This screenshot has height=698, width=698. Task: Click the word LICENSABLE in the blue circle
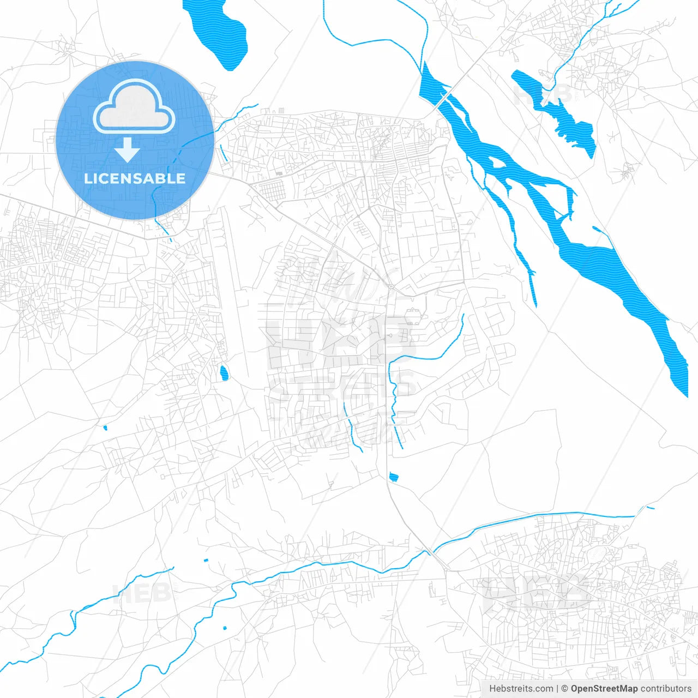(x=135, y=178)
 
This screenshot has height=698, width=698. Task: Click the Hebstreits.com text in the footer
(x=521, y=689)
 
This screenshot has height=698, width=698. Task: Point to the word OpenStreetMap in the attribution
(x=604, y=689)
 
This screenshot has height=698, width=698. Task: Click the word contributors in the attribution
(x=666, y=689)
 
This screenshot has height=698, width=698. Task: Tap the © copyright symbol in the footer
(x=564, y=689)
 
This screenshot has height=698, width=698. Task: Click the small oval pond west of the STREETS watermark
(x=224, y=374)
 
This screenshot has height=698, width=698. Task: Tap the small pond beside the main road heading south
(x=394, y=478)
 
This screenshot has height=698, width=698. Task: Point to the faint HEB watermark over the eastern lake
(x=543, y=94)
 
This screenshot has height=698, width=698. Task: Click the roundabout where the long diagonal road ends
(x=390, y=286)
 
